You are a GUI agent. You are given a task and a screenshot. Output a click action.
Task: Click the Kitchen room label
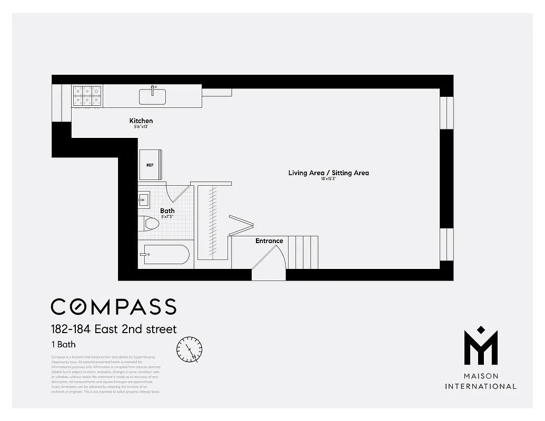pyautogui.click(x=141, y=121)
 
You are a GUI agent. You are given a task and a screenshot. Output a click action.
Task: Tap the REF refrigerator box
pyautogui.click(x=150, y=165)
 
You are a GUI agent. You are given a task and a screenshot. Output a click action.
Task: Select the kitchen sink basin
pyautogui.click(x=152, y=97)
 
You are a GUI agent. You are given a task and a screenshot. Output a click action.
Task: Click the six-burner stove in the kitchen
pyautogui.click(x=87, y=96)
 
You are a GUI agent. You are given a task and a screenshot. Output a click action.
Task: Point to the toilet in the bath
pyautogui.click(x=150, y=224)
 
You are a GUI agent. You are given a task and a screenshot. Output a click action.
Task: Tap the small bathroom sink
pyautogui.click(x=144, y=199)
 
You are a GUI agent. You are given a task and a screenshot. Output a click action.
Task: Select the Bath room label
pyautogui.click(x=167, y=210)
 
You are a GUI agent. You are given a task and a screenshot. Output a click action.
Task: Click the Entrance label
pyautogui.click(x=269, y=241)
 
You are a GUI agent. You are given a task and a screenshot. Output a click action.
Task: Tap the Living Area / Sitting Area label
pyautogui.click(x=329, y=173)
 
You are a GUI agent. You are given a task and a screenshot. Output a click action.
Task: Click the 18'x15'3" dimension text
pyautogui.click(x=329, y=179)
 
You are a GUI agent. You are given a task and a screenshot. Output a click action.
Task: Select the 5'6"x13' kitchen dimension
pyautogui.click(x=141, y=127)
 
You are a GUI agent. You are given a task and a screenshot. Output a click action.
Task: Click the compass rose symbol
pyautogui.click(x=189, y=350)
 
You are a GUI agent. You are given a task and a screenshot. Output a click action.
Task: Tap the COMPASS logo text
pyautogui.click(x=113, y=306)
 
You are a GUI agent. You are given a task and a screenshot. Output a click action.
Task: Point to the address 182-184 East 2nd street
pyautogui.click(x=114, y=329)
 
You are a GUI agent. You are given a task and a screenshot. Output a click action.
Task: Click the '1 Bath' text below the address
pyautogui.click(x=63, y=345)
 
